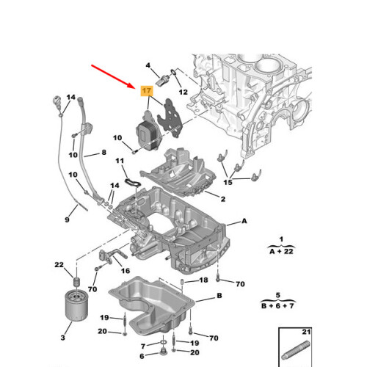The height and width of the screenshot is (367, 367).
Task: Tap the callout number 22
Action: [59, 265]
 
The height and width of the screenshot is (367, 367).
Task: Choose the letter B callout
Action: [219, 296]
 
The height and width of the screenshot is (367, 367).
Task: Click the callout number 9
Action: [68, 219]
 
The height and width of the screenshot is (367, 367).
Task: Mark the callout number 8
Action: [104, 153]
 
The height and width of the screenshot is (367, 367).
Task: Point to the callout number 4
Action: [148, 65]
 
